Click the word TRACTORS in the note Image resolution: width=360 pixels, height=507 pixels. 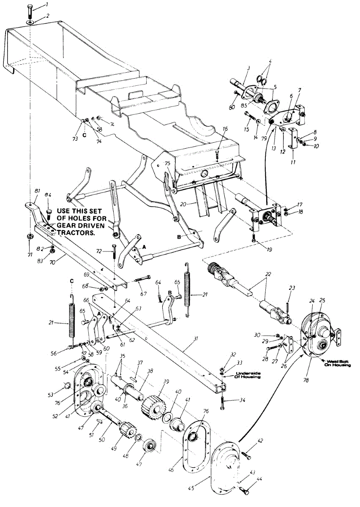pyautogui.click(x=74, y=232)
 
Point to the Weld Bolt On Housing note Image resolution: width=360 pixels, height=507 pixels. pyautogui.click(x=336, y=363)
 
